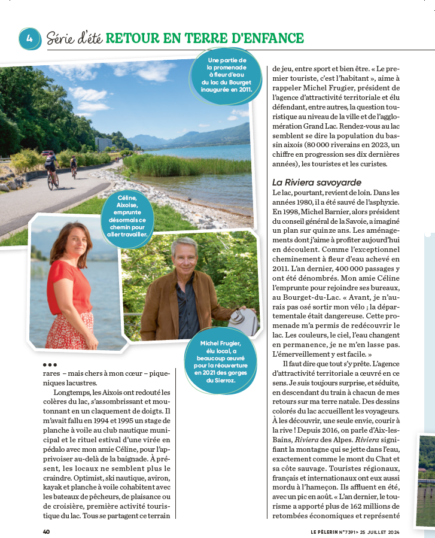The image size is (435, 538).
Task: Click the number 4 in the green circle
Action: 29,38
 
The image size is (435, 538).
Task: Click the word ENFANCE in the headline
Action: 272,39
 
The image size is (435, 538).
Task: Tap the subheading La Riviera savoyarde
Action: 317,182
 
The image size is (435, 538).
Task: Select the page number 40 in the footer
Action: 46,531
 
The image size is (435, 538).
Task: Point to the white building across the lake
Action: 103,144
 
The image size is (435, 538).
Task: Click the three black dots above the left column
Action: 50,364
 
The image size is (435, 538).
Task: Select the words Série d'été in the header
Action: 74,39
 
